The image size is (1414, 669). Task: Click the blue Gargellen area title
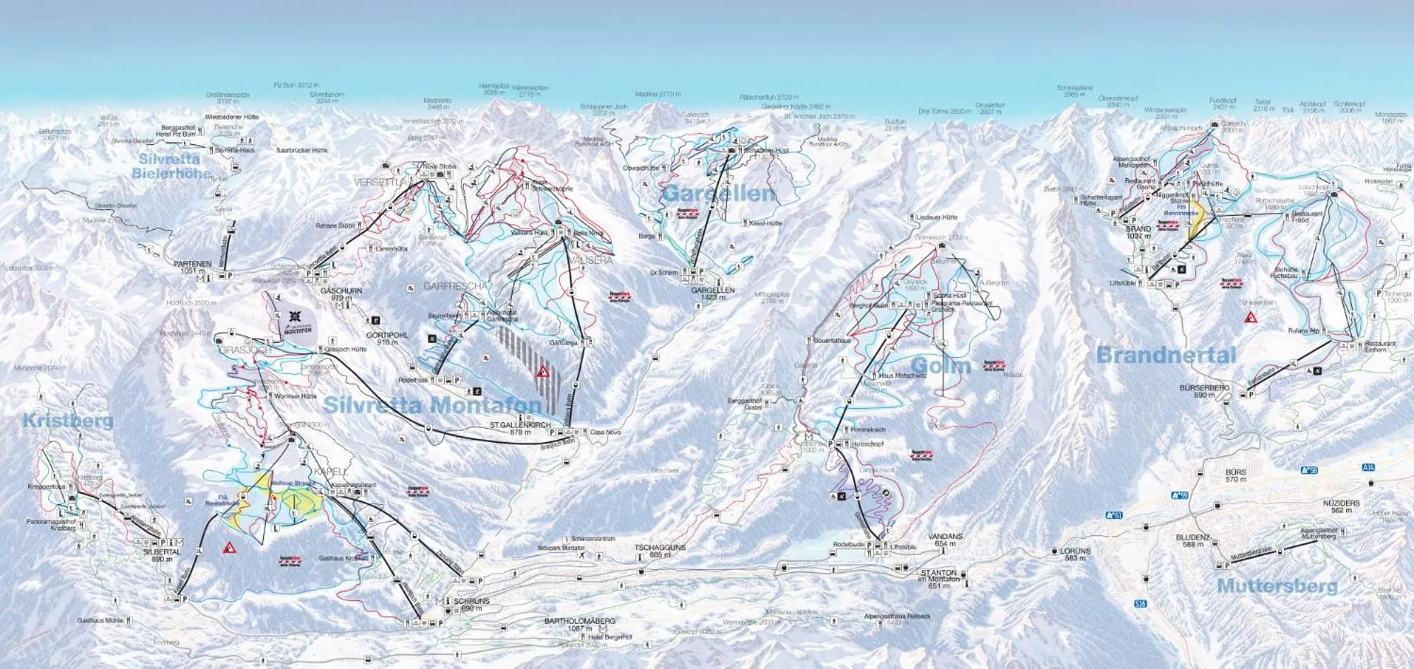tap(719, 193)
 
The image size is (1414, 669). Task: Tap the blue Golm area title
tap(940, 366)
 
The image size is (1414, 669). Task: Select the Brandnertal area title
tap(1166, 355)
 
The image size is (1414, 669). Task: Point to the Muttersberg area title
tap(1277, 586)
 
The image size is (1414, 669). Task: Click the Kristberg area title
tap(67, 421)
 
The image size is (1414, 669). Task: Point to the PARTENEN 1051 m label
tap(192, 267)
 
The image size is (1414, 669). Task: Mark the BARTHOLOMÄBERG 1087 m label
tap(579, 624)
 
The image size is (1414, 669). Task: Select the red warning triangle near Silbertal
tap(229, 547)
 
